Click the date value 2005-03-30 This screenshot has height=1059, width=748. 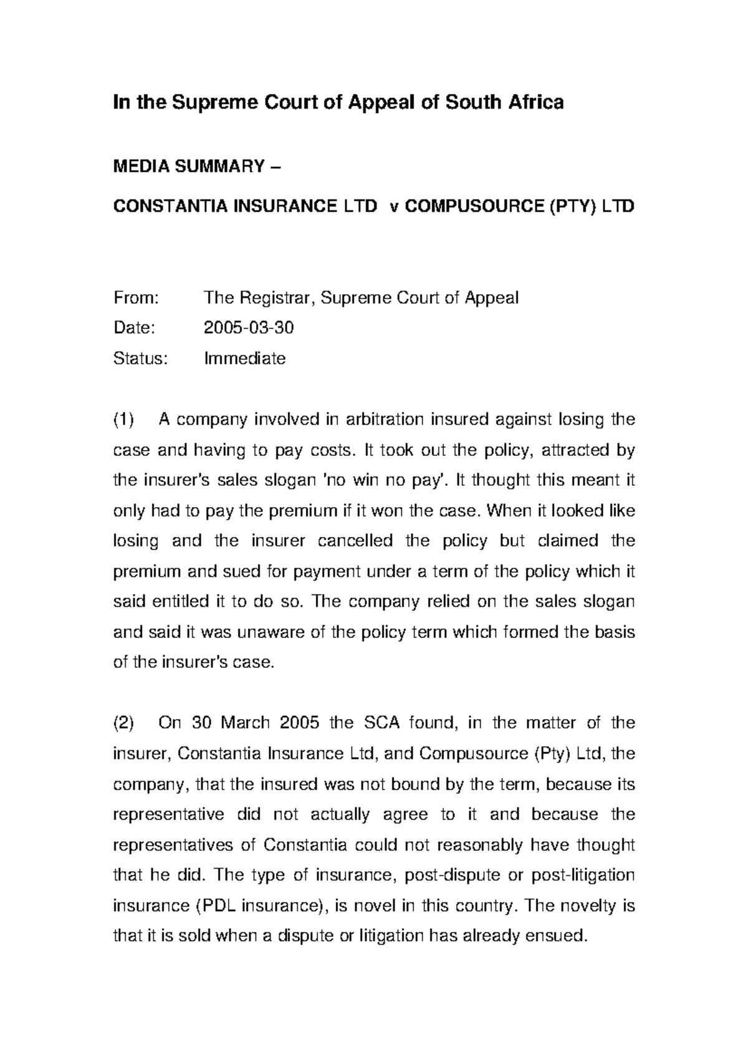(x=249, y=328)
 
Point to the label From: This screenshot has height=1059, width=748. (x=136, y=298)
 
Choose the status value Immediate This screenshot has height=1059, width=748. (x=244, y=359)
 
